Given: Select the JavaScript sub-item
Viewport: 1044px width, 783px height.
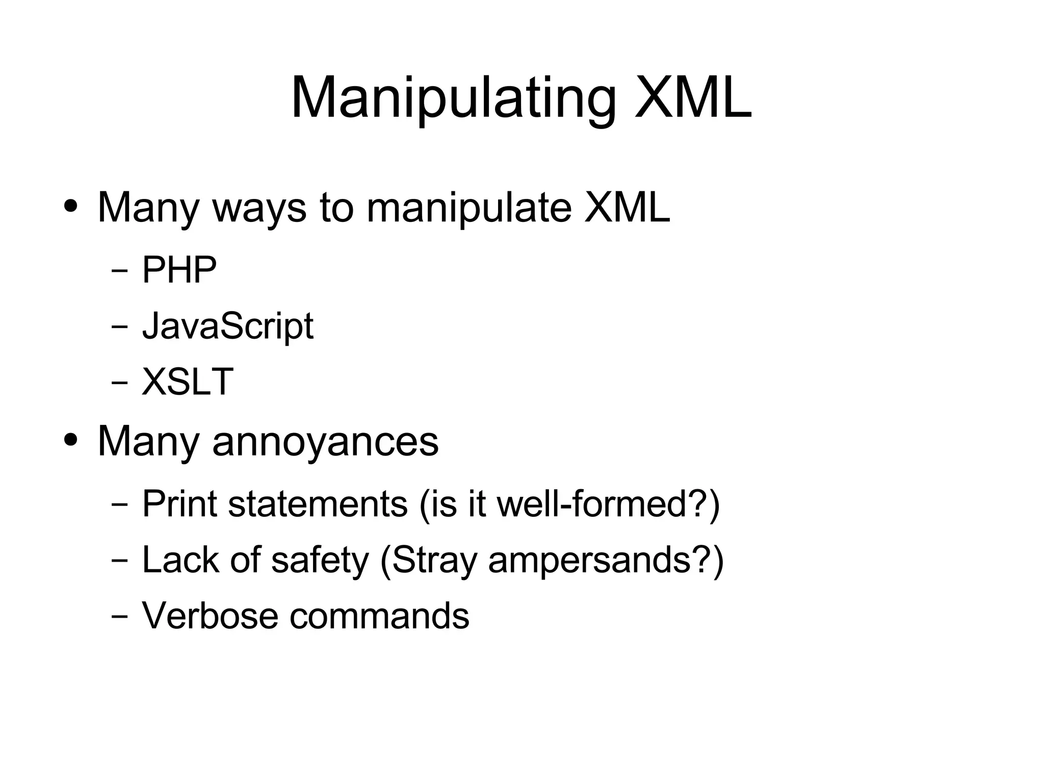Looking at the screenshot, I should point(227,326).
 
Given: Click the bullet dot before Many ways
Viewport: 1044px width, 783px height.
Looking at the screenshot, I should point(71,208).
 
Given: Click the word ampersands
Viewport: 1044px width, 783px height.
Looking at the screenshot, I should point(606,560).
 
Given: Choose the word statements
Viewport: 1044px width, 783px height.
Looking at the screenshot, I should point(318,503).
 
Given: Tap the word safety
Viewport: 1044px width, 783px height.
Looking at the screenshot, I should point(320,560).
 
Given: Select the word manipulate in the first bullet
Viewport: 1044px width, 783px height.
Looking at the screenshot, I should point(468,208).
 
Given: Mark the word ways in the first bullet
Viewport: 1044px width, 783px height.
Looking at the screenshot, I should point(259,208).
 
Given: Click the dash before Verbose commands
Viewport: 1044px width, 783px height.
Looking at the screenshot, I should point(120,616).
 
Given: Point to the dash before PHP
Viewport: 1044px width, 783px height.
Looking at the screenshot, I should point(120,270).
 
